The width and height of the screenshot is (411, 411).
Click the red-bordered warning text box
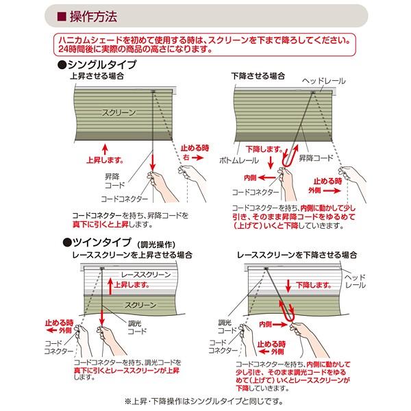(205, 45)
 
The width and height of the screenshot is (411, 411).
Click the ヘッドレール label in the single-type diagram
(325, 81)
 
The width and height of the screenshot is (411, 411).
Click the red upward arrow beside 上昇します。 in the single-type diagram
(104, 148)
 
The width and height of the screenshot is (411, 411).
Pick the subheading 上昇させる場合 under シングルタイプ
(97, 75)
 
